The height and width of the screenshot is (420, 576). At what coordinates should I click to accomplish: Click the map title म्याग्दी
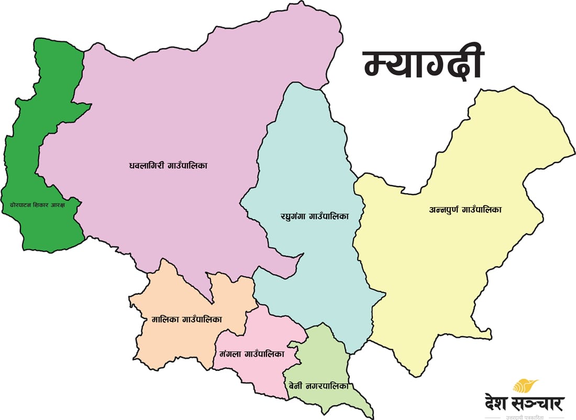pos(423,66)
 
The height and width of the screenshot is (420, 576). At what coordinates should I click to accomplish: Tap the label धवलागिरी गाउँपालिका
pos(169,166)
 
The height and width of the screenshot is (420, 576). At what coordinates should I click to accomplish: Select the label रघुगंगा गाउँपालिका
pos(314,216)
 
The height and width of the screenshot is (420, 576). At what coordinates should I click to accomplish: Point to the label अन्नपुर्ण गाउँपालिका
pos(465,210)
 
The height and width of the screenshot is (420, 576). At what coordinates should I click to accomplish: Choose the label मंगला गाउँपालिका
pos(249,354)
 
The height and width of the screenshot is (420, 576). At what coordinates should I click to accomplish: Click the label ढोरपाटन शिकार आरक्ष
pos(40,204)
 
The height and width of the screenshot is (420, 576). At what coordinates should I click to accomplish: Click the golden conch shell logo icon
pos(525,387)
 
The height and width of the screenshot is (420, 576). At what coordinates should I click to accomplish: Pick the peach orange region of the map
pos(173,341)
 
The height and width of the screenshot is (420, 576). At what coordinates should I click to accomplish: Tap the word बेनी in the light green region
pos(295,386)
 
